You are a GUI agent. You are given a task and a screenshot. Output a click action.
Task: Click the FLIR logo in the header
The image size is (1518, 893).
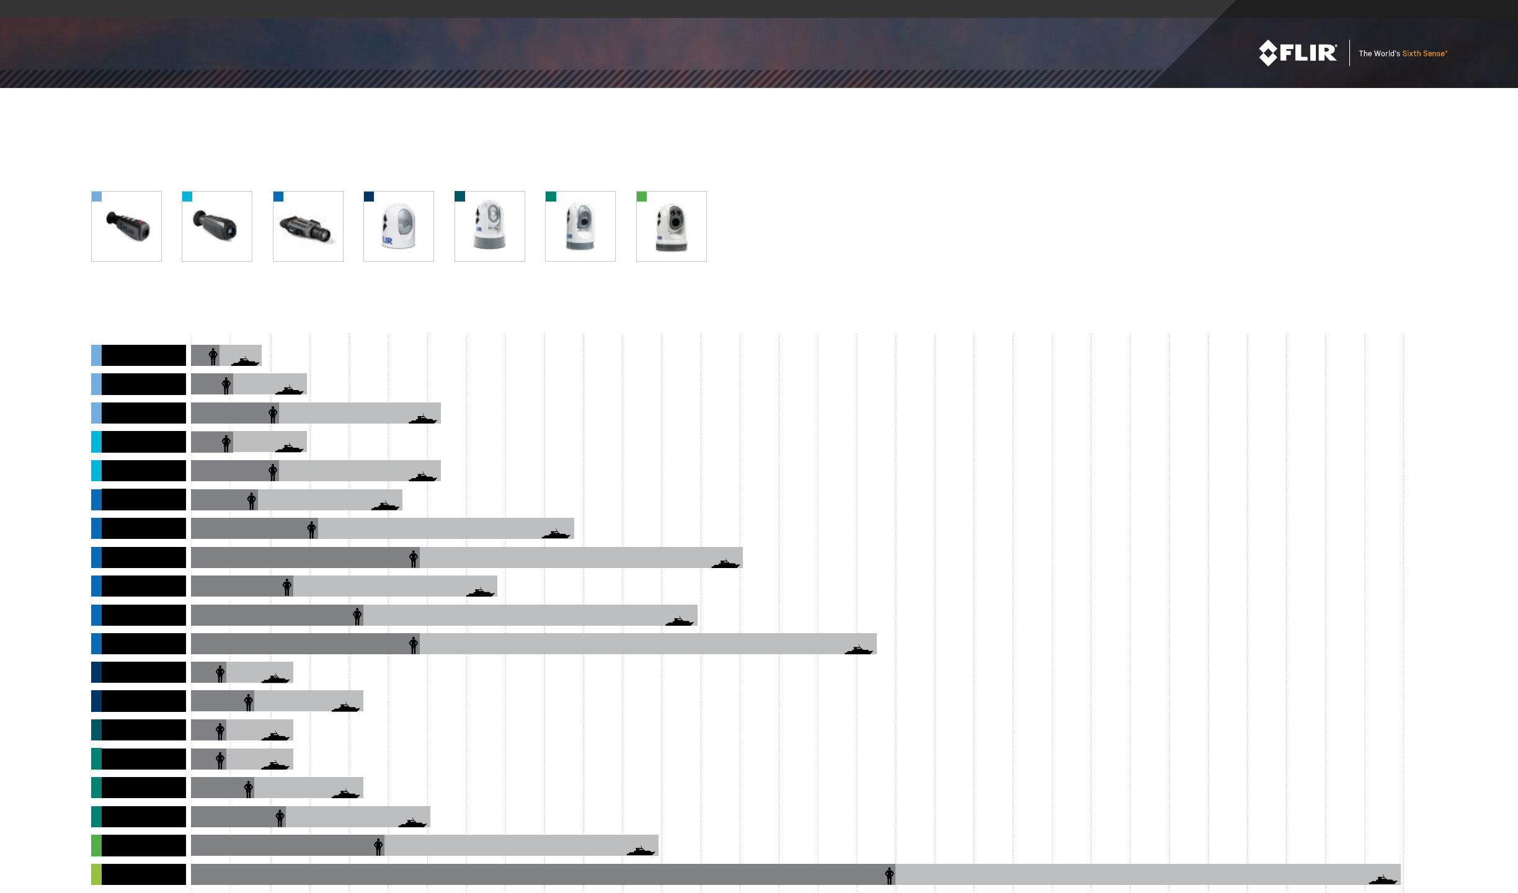coord(1297,53)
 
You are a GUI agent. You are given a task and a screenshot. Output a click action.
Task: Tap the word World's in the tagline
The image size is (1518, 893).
coord(1387,54)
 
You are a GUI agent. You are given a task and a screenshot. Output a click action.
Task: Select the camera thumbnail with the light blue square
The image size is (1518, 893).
coord(126,226)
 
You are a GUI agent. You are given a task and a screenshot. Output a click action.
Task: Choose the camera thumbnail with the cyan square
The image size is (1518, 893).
coord(217,226)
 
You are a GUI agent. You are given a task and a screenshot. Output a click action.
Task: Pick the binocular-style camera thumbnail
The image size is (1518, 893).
coord(308,226)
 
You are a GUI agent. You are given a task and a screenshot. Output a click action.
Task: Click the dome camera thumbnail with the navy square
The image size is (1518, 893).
coord(399,226)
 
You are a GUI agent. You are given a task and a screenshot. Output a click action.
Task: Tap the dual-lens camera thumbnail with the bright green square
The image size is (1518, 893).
coord(672,226)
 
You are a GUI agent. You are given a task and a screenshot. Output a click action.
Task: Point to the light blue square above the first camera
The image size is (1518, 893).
coord(97,197)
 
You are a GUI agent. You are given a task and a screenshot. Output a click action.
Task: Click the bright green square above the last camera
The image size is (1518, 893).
coord(642,197)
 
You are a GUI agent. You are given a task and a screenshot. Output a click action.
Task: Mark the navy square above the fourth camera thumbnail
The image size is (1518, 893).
coord(369,197)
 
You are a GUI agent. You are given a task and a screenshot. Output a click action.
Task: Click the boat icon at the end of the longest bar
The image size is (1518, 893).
coord(1383,879)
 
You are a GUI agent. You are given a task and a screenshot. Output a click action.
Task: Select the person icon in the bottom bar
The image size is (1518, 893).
coord(889,876)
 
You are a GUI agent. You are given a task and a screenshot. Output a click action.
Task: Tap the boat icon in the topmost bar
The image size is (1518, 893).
coord(245,361)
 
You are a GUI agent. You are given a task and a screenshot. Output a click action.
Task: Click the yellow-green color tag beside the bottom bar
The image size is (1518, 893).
coord(96,874)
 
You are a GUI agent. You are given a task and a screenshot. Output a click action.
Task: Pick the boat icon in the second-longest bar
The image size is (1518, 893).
coord(858,649)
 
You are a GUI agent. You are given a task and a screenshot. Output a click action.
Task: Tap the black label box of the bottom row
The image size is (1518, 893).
coord(144,874)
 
